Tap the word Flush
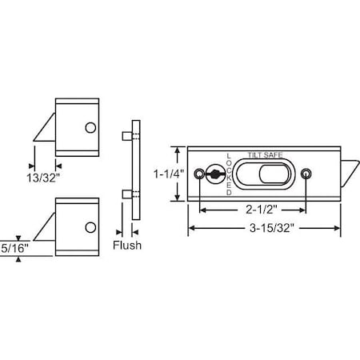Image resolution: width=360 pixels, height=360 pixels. tap(126, 245)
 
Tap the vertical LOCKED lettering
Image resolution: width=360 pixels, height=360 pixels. tap(230, 173)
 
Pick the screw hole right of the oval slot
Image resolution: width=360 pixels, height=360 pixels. tap(308, 173)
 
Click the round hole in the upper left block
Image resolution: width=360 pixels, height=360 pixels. tap(90, 128)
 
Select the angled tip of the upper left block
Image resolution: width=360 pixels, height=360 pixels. tap(45, 128)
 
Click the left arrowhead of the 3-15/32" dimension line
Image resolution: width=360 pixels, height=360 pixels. tap(190, 229)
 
